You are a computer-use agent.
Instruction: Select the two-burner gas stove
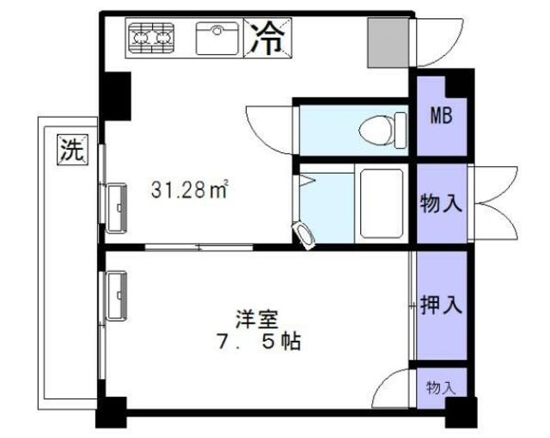click(x=152, y=37)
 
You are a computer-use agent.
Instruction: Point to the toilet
click(x=382, y=130)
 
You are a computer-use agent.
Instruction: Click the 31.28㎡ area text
click(x=190, y=189)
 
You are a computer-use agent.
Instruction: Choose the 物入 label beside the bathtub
click(x=442, y=205)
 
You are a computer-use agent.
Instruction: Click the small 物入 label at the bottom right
click(x=441, y=387)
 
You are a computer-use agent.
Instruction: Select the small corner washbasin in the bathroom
click(x=303, y=233)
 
